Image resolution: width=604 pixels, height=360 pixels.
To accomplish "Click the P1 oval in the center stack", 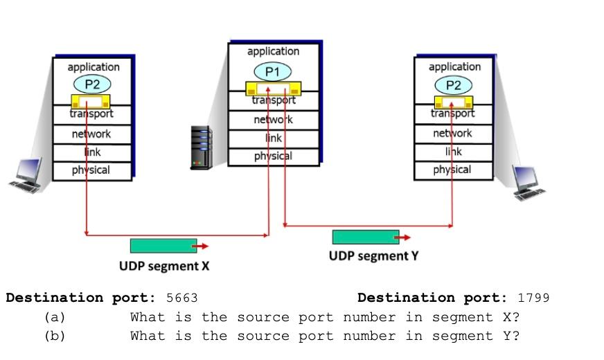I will [272, 71].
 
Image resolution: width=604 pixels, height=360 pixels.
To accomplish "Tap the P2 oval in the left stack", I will [92, 85].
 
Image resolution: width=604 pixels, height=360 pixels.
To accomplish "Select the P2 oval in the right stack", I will [453, 85].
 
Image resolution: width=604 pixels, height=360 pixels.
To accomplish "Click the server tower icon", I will [202, 147].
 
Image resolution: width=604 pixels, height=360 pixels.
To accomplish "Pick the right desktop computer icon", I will [529, 183].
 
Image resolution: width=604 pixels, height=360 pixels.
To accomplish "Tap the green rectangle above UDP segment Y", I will [365, 237].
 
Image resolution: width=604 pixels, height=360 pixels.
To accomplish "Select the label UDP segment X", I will [163, 266].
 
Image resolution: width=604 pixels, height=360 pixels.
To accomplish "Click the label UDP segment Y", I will [373, 256].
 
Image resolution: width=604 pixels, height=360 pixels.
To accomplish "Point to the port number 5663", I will [181, 298].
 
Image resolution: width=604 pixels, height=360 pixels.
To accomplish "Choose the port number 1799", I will [533, 298].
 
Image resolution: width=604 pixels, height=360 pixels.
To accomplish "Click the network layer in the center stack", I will [273, 120].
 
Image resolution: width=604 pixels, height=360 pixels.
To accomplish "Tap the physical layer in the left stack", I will [91, 170].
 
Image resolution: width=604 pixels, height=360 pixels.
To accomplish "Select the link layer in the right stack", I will [453, 152].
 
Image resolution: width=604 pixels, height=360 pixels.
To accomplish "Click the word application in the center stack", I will [273, 51].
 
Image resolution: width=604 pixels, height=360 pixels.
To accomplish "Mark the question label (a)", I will [54, 318].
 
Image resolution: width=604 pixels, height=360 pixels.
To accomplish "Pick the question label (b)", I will [54, 336].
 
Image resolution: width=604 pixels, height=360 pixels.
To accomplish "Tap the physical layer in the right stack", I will [453, 170].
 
